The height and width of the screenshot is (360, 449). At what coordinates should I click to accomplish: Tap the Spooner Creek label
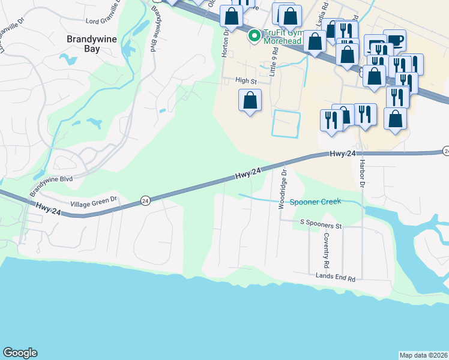click(315, 202)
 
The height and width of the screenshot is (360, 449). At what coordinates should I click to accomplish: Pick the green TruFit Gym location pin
click(255, 37)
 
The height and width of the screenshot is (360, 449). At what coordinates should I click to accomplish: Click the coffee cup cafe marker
click(394, 40)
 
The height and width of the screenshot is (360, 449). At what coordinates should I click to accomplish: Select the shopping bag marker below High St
click(250, 100)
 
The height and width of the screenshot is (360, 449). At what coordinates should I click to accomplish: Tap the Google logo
click(20, 353)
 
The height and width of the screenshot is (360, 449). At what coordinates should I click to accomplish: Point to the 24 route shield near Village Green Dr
click(145, 201)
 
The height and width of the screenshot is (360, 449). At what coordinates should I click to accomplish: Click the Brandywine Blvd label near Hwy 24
click(51, 187)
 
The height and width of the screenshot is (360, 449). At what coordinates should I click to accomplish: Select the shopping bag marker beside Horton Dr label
click(232, 17)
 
